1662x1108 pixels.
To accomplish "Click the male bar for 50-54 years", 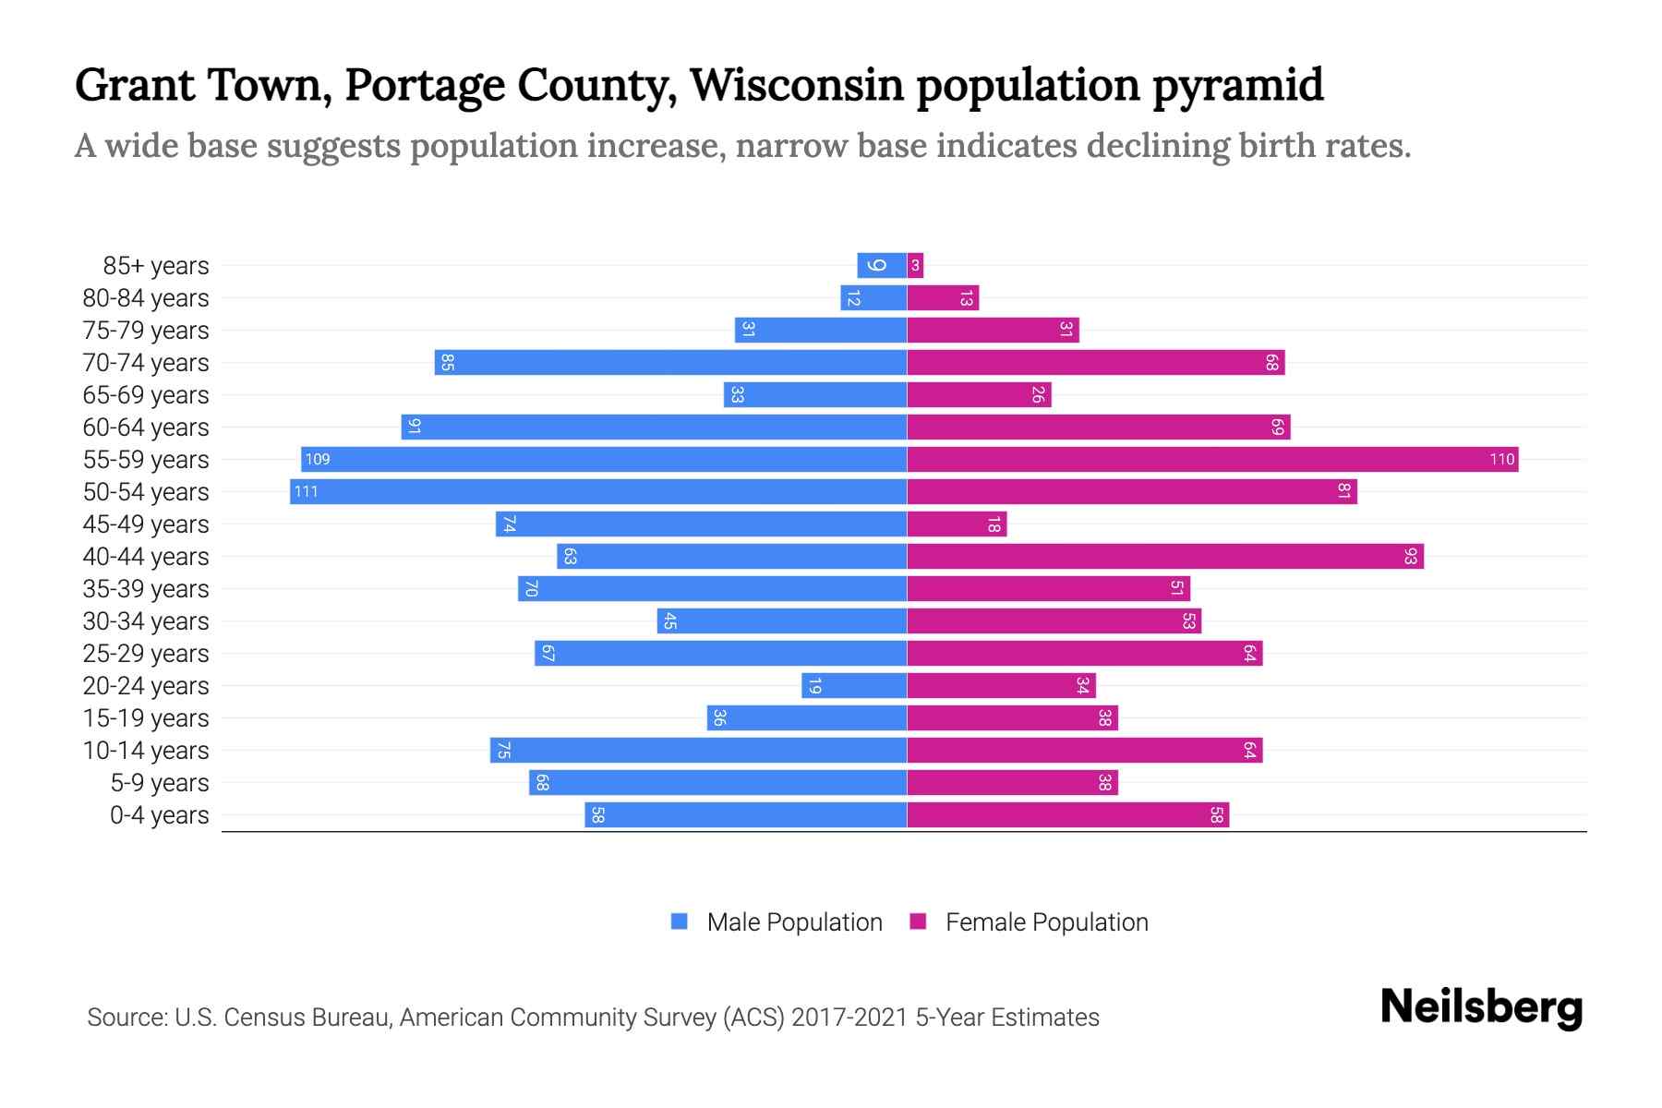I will click(x=598, y=491).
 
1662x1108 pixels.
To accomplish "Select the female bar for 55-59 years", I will click(x=1212, y=459).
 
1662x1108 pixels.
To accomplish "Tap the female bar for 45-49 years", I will click(x=957, y=524).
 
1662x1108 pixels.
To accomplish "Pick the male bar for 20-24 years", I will click(x=854, y=685).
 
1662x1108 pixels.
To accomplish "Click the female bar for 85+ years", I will click(x=915, y=265).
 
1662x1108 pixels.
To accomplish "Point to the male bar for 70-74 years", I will click(x=670, y=362).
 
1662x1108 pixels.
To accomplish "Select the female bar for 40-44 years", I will click(x=1165, y=556).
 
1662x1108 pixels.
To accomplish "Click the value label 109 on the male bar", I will click(x=318, y=459).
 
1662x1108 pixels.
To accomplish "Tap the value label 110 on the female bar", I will click(x=1501, y=459).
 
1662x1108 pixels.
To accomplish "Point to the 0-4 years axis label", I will click(x=159, y=815).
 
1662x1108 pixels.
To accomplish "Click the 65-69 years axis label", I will click(x=146, y=395).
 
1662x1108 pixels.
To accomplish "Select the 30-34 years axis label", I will click(x=146, y=621).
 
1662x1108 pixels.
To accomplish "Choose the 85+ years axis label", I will click(x=156, y=266).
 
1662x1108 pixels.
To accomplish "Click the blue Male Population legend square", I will click(x=680, y=921).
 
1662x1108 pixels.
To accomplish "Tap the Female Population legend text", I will click(x=1046, y=921).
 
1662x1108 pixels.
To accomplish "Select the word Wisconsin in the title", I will click(x=797, y=85).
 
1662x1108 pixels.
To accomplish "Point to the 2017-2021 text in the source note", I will click(x=849, y=1018).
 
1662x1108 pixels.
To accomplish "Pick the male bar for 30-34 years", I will click(x=781, y=620).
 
